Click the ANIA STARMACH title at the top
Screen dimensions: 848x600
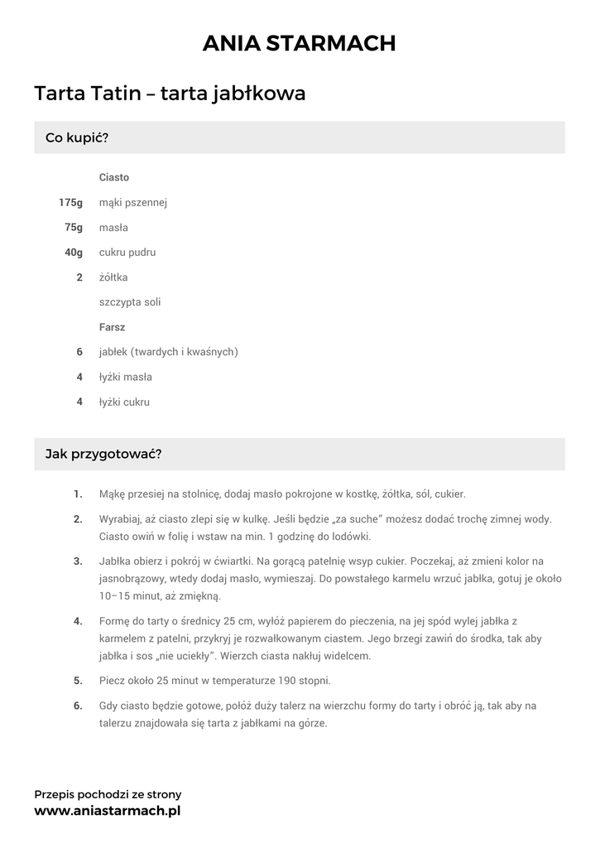pos(300,43)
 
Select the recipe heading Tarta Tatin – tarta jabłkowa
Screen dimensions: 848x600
pos(170,94)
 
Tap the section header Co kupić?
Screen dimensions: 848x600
pos(77,137)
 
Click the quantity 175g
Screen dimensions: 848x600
pos(70,203)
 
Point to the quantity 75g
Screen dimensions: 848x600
pos(74,228)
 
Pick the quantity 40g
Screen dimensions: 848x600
pos(74,253)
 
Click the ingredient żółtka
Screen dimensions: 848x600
pos(113,277)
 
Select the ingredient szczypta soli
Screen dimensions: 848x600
pos(130,302)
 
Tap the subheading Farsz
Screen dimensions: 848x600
pos(112,327)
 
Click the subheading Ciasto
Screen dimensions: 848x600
pos(114,178)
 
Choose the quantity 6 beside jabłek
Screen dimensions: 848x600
pos(79,352)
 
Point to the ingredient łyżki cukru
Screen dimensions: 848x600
pos(125,402)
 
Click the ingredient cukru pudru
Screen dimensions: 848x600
pos(127,253)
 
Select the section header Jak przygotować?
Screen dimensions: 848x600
pos(103,454)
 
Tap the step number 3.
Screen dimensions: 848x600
pos(78,561)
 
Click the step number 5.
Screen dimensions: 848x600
pos(78,681)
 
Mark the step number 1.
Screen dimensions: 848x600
pos(78,494)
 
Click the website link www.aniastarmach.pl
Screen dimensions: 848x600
pos(107,812)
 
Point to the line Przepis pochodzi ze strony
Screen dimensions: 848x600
pos(108,794)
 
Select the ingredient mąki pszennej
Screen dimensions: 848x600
pos(133,203)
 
